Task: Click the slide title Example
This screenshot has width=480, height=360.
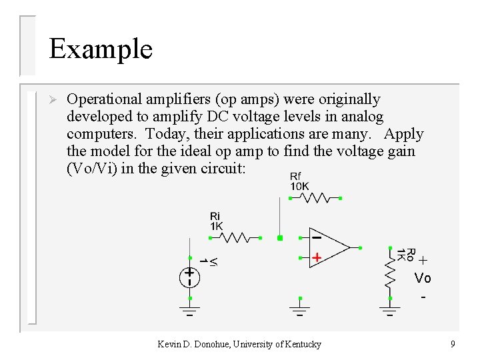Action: point(101,49)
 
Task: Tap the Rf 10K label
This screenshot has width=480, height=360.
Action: point(299,181)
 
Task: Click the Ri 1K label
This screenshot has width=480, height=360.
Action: point(216,221)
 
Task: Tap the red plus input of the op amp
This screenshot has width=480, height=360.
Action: point(317,257)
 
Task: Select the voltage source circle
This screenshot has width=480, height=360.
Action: point(190,277)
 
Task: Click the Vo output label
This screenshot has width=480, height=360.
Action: point(422,277)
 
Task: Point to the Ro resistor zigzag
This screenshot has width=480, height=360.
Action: point(391,270)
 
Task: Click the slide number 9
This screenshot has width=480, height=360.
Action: point(453,344)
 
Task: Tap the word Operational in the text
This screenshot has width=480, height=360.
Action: point(107,99)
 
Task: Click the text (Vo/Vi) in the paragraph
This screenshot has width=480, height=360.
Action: point(89,169)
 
